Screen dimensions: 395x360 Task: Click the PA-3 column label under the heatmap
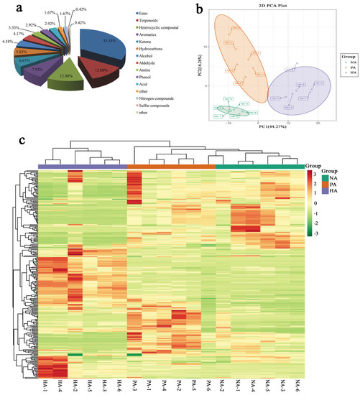pos(134,386)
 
